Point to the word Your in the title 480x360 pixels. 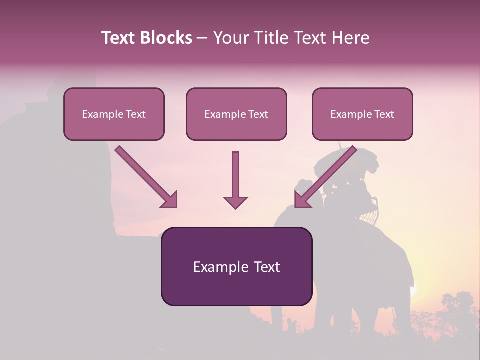pos(231,38)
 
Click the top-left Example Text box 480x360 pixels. pos(114,114)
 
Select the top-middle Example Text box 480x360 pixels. pos(236,114)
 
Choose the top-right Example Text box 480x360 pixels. pos(362,114)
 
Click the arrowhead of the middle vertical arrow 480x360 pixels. pos(235,202)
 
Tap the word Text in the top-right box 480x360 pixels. pos(384,114)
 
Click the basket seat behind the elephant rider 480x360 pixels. pos(369,214)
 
